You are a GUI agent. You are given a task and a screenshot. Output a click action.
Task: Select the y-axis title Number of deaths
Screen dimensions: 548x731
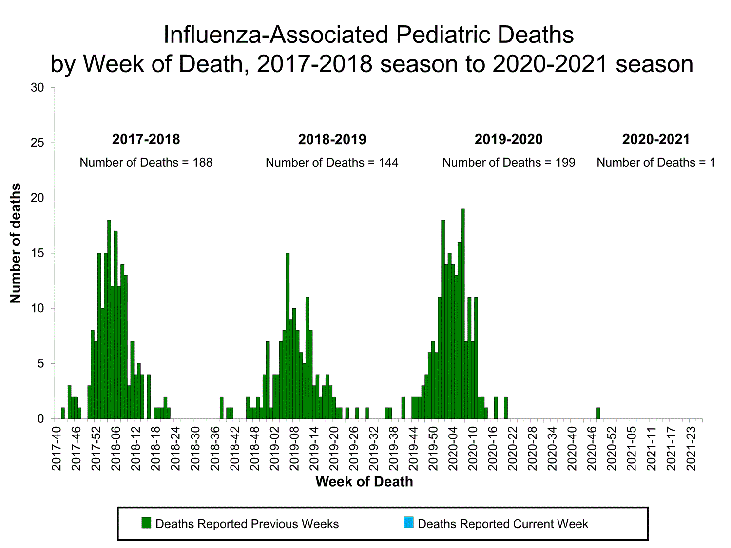click(x=16, y=244)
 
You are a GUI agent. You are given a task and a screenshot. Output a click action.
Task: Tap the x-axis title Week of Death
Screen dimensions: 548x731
click(x=364, y=482)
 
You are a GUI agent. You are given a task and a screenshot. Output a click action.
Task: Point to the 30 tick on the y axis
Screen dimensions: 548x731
click(x=38, y=88)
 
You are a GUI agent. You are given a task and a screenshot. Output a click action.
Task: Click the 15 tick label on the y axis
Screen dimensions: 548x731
click(x=38, y=253)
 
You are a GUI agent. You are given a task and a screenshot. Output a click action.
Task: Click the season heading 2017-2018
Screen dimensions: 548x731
click(x=146, y=140)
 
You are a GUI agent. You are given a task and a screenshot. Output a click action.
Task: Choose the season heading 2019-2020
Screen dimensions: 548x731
click(x=508, y=140)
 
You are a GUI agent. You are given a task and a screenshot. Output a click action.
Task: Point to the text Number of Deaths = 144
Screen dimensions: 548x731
click(x=332, y=163)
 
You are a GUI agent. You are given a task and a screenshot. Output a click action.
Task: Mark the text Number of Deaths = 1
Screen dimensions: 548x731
click(x=656, y=163)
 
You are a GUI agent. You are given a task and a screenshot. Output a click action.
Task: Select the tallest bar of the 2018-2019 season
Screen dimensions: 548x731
click(x=288, y=336)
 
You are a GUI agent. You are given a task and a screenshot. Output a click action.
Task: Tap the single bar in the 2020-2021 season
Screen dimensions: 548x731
click(x=598, y=413)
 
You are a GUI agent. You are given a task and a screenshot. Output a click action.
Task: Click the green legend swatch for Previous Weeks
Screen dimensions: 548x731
click(x=146, y=523)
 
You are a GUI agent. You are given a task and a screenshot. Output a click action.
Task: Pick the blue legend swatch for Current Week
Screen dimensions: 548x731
click(x=408, y=523)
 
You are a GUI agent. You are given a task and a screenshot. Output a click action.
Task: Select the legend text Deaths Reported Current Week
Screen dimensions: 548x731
click(x=503, y=524)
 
